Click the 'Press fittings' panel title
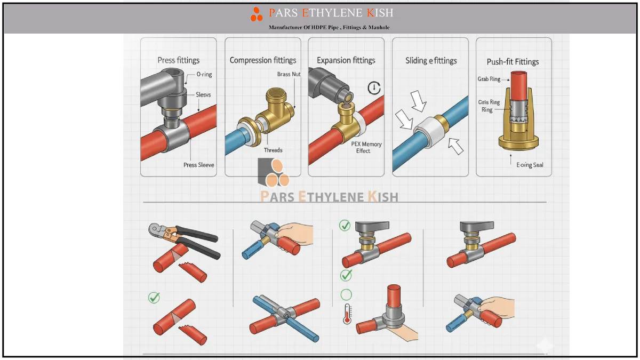click(x=179, y=60)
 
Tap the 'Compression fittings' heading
click(x=263, y=60)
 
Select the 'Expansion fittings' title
click(x=346, y=60)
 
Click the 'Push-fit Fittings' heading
click(x=513, y=62)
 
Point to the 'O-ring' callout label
click(x=204, y=74)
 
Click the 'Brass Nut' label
click(x=289, y=74)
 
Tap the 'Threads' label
click(x=273, y=150)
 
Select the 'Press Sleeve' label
click(x=199, y=165)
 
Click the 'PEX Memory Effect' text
click(x=366, y=147)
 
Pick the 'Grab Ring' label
click(x=489, y=79)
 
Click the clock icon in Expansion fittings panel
click(x=374, y=87)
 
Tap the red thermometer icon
click(x=347, y=314)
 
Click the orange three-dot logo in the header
click(x=257, y=14)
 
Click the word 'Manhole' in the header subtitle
click(x=379, y=27)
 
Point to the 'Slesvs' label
click(x=203, y=94)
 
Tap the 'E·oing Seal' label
click(x=530, y=165)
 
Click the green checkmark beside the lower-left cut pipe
click(x=154, y=298)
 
